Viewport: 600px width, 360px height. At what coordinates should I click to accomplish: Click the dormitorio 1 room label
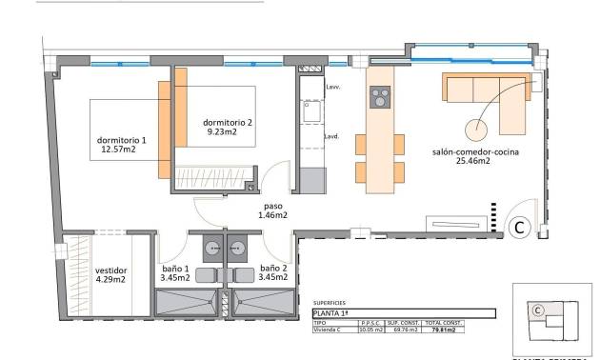coord(122,141)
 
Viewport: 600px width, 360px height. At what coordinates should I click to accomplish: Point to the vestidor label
coord(111,270)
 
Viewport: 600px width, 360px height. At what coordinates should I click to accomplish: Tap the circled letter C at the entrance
coord(519,227)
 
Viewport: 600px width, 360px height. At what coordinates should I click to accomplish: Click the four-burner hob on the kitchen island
coord(380,97)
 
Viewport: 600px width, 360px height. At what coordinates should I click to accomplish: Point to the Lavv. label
coord(332,88)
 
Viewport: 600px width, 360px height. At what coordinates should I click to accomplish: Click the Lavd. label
coord(332,136)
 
